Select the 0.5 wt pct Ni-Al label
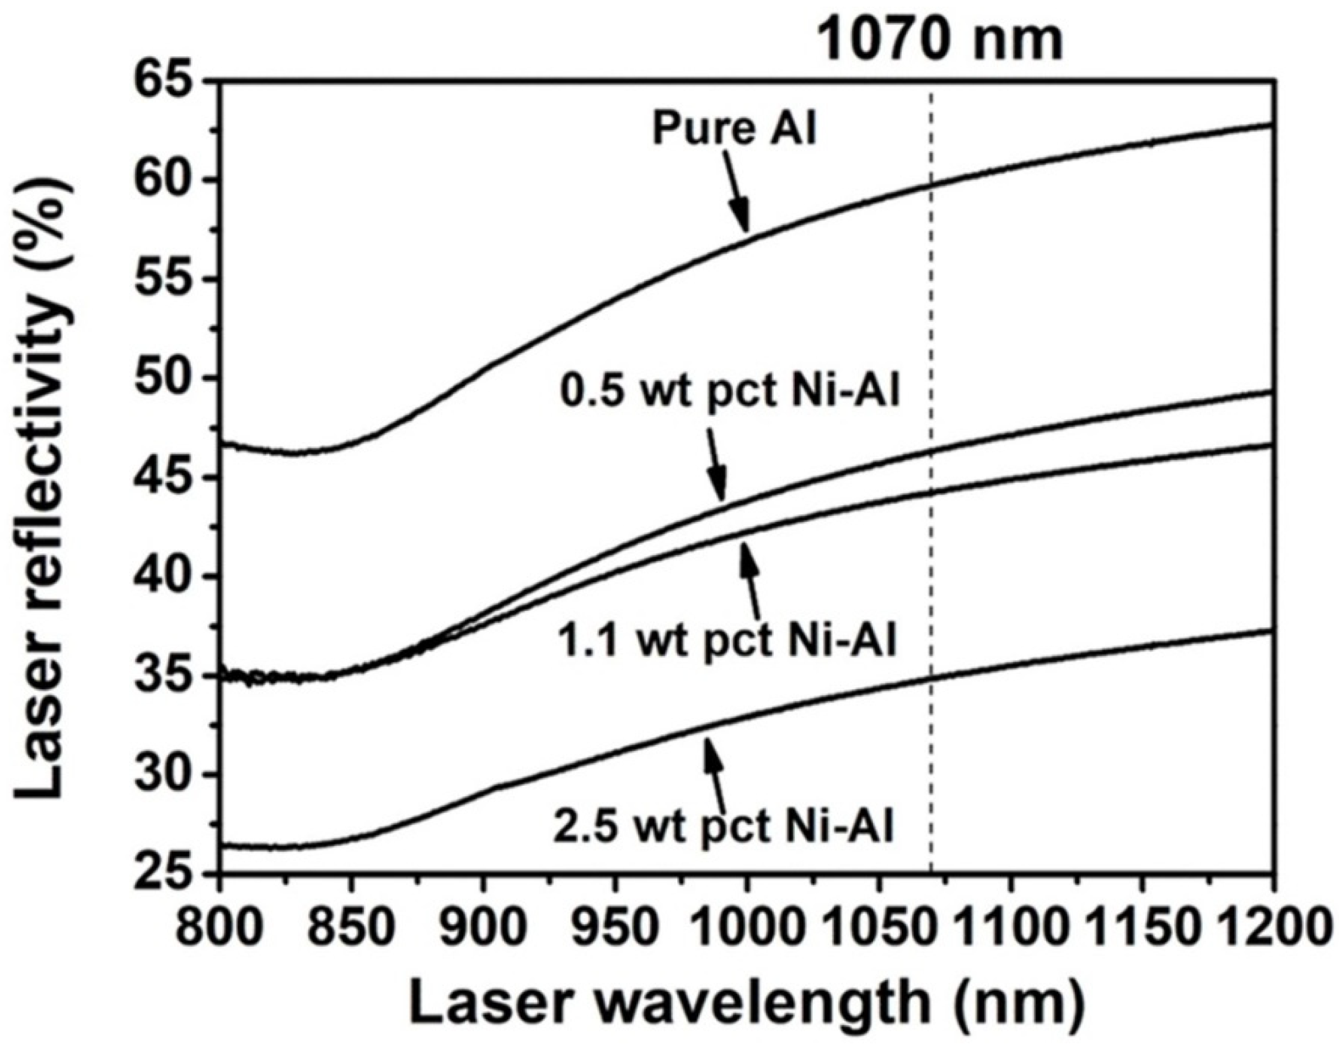(730, 392)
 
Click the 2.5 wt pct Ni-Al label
(724, 826)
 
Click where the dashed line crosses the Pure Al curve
(931, 184)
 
